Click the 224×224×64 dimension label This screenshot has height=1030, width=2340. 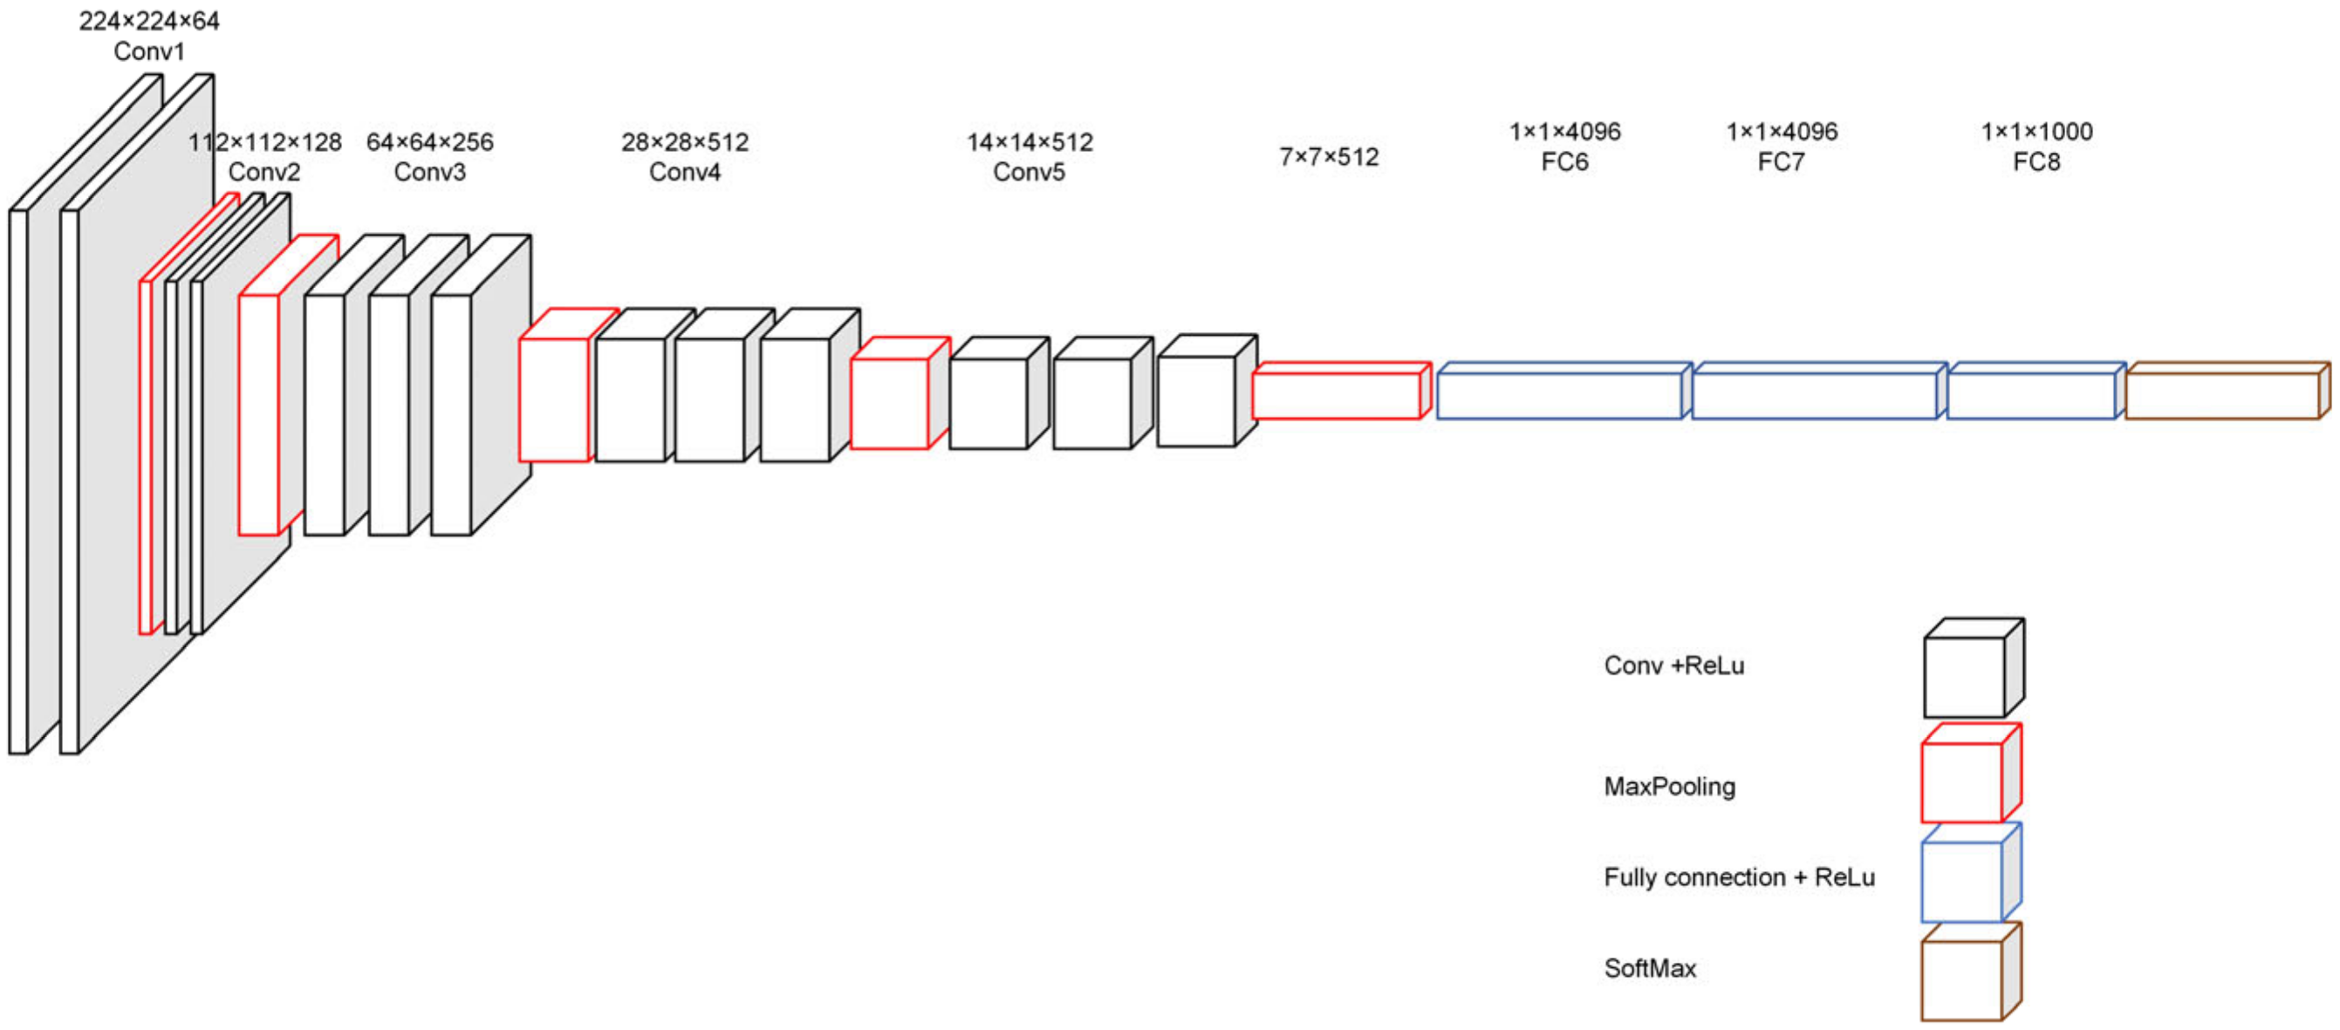[x=149, y=21]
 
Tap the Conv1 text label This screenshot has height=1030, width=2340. [x=149, y=51]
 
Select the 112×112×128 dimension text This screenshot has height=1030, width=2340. [x=264, y=143]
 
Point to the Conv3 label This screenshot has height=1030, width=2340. [x=429, y=173]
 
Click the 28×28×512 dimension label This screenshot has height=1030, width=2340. [x=685, y=143]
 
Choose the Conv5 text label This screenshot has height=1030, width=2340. [x=1029, y=173]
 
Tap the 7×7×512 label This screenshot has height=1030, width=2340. [x=1328, y=158]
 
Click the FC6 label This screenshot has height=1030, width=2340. [x=1564, y=162]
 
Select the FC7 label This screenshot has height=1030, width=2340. [x=1781, y=162]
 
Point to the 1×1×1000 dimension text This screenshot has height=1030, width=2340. [x=2036, y=133]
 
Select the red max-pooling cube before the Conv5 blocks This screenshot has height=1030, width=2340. [x=889, y=402]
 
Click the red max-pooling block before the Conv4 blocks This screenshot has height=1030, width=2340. [x=554, y=399]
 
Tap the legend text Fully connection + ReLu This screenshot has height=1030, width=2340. [x=1739, y=877]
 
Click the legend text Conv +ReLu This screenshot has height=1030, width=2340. [x=1673, y=665]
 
